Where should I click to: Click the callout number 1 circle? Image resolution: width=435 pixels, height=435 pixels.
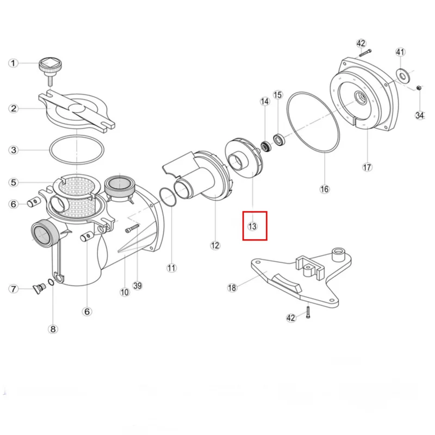coord(13,63)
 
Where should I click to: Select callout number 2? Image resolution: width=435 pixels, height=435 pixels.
coord(13,108)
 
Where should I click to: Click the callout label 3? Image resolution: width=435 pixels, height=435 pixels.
coord(13,150)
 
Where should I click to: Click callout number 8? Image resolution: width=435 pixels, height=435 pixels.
coord(52,328)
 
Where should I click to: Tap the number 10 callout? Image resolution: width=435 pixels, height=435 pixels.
coord(125,292)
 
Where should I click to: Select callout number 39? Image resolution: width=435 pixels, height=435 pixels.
coord(138,285)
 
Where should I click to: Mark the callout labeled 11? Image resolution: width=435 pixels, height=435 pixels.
coord(172,268)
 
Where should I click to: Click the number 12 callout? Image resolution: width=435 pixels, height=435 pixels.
coord(215,245)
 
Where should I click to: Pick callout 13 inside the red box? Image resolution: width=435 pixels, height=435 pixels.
coord(252,226)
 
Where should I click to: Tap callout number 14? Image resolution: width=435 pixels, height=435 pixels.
coord(265,101)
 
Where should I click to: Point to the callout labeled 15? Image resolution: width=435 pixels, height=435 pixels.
coord(278,95)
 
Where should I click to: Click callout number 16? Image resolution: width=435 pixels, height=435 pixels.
coord(324,189)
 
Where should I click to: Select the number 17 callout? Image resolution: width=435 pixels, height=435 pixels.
coord(368,167)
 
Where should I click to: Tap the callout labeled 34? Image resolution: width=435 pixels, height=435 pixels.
coord(419,115)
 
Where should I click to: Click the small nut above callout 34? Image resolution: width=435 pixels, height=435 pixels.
coord(419,88)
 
